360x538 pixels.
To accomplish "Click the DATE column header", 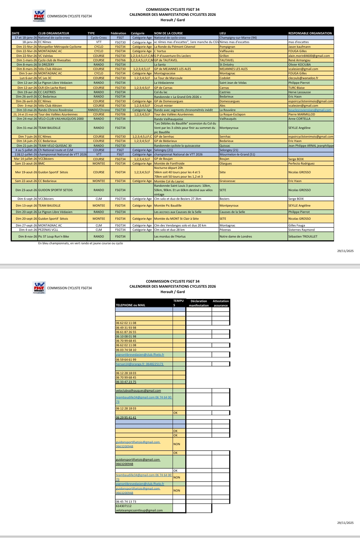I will (16, 33).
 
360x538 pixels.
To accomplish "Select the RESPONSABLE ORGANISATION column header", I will (310, 33).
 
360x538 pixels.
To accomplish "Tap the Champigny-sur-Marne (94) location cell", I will (238, 38).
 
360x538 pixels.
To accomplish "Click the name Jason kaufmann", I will (299, 47).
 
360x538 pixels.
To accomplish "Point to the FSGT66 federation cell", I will (120, 60).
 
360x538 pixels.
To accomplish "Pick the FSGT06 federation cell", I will (120, 114).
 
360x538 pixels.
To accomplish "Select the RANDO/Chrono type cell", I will (99, 110).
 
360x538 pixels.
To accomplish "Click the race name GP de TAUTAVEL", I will (166, 60).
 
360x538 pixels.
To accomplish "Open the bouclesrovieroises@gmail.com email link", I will (310, 110).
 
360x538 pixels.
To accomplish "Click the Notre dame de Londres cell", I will (236, 237).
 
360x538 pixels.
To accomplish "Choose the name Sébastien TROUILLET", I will (303, 237).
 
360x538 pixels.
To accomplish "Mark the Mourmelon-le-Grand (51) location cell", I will (237, 154).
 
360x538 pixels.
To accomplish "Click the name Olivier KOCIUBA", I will (299, 65).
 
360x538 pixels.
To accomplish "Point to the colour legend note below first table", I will (80, 243).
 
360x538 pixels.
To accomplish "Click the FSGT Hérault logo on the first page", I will (39, 16).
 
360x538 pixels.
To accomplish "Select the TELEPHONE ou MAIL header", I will (131, 305).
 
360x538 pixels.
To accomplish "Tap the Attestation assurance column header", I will (221, 303).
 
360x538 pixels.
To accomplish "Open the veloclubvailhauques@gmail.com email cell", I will (138, 391).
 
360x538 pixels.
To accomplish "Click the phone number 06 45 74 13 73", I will (126, 502).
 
